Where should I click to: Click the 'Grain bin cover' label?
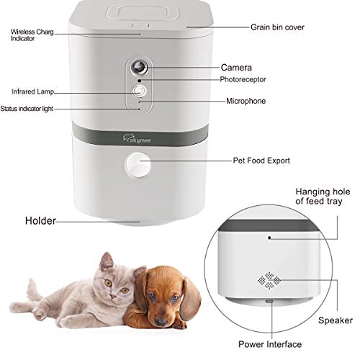tap(277, 27)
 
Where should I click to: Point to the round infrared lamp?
tap(140, 91)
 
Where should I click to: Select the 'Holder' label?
tap(40, 220)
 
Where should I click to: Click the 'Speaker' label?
tap(337, 320)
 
